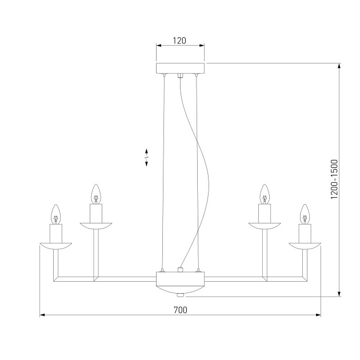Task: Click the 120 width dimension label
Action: pyautogui.click(x=180, y=41)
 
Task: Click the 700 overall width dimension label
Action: pyautogui.click(x=180, y=310)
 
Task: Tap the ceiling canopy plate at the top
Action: pyautogui.click(x=180, y=68)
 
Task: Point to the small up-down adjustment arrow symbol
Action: pyautogui.click(x=147, y=157)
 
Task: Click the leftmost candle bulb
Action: pyautogui.click(x=56, y=214)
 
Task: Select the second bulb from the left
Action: pyautogui.click(x=97, y=194)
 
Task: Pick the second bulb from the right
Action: pyautogui.click(x=264, y=194)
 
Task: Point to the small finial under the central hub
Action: pyautogui.click(x=180, y=295)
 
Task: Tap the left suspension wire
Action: pyautogui.click(x=164, y=171)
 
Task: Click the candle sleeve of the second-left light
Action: pyautogui.click(x=97, y=214)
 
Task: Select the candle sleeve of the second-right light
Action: pyautogui.click(x=264, y=214)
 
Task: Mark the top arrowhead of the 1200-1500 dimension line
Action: pyautogui.click(x=340, y=66)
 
